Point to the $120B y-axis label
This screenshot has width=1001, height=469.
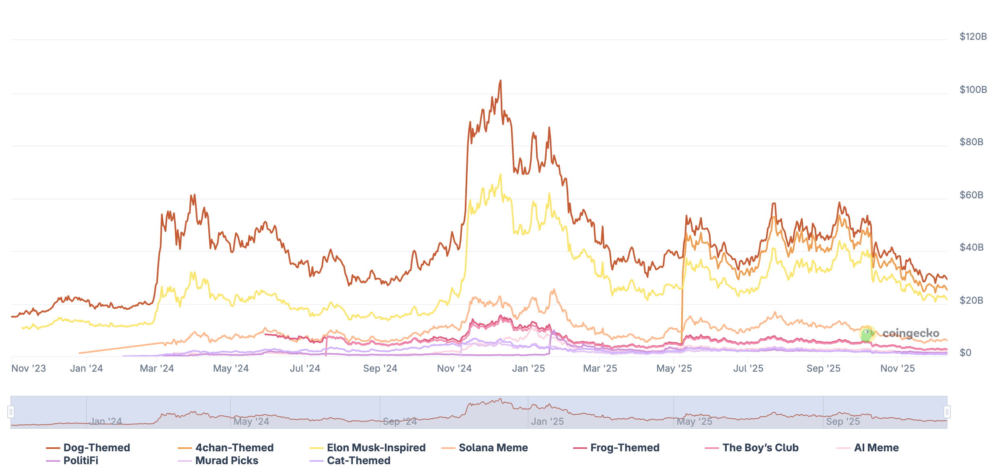point(973,37)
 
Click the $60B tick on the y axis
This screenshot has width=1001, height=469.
point(971,195)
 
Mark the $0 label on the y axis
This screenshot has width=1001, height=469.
point(965,353)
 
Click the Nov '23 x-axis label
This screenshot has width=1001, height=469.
point(29,368)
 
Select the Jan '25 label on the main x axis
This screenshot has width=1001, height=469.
point(528,368)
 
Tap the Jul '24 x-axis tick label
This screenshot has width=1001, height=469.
point(305,368)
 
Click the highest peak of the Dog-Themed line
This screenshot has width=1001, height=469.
point(500,80)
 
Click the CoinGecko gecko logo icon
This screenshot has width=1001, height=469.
point(867,334)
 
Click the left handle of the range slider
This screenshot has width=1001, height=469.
point(11,412)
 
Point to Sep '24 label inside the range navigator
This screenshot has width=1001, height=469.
point(400,422)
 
